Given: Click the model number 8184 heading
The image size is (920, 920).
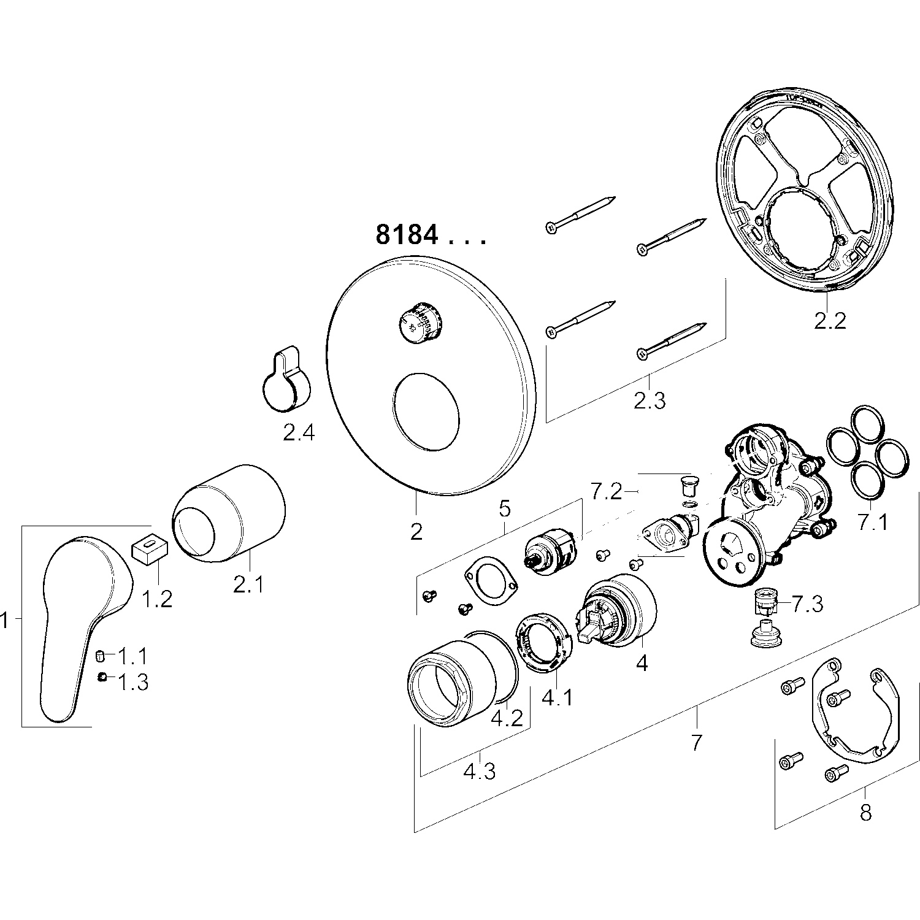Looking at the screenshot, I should (430, 235).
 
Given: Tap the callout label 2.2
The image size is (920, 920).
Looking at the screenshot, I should (830, 320).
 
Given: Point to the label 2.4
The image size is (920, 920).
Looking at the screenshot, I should (298, 433).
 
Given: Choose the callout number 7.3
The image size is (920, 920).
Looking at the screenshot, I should (807, 605).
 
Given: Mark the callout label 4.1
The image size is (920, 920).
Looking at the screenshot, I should (557, 697).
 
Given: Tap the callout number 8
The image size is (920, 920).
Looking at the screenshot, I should (865, 813).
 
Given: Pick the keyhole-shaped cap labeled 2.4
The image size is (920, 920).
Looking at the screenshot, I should (286, 380).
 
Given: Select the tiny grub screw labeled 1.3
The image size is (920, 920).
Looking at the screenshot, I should (102, 677).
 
